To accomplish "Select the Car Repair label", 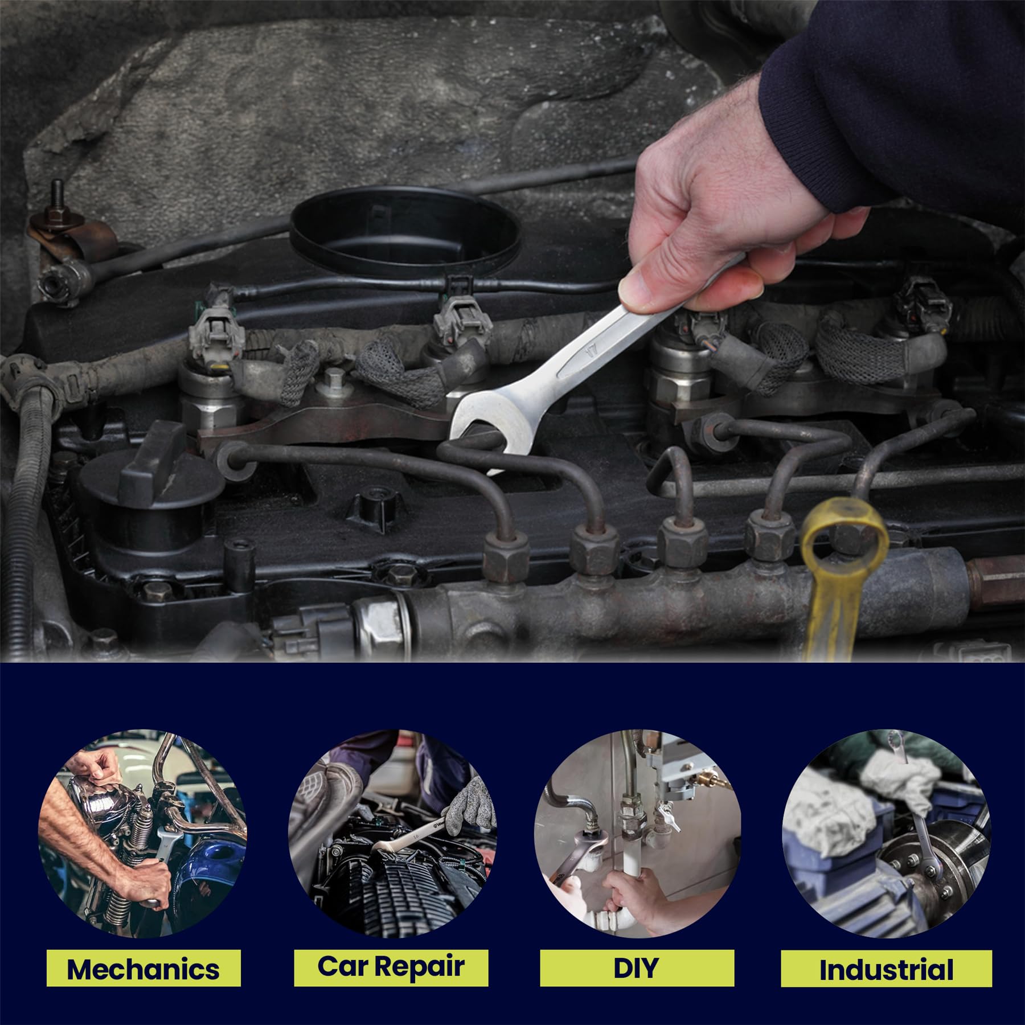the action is [391, 967].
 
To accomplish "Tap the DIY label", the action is [637, 967].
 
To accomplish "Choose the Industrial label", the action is [886, 968].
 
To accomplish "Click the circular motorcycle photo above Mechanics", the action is [142, 834].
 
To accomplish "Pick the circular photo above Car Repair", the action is [392, 834].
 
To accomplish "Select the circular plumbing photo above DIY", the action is [638, 834].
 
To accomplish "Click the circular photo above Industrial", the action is [887, 834].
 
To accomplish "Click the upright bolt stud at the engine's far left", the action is [57, 199].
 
